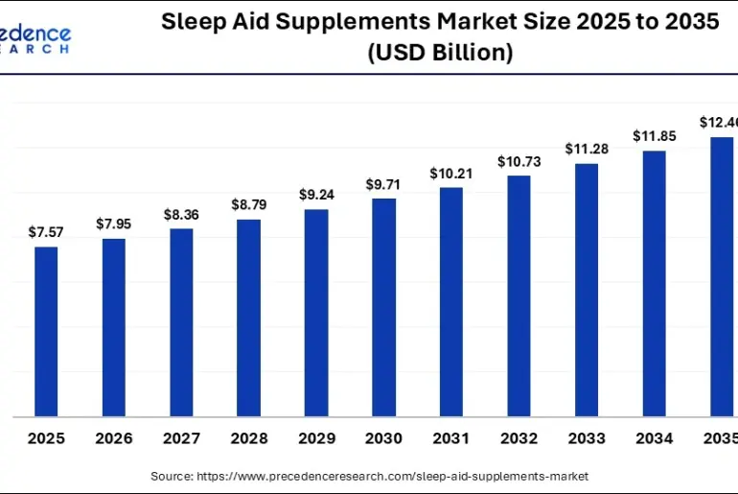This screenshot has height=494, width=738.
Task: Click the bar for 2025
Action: pos(46,332)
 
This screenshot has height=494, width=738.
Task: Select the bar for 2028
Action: pos(248,318)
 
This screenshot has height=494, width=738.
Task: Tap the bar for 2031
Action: pos(451,302)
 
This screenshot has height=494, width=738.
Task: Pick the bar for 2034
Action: pos(654,284)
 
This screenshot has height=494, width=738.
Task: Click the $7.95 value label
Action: pos(113,223)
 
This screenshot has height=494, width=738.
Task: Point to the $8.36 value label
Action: pos(181,214)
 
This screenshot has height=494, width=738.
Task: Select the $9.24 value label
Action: pos(316,194)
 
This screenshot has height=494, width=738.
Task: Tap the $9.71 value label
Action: pos(383,183)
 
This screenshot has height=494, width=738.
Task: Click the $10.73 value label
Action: pos(519,161)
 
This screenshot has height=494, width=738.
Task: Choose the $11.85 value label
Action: pos(654,136)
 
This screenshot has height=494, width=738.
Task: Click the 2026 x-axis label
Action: pos(113,438)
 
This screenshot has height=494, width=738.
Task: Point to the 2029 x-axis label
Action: pos(316,438)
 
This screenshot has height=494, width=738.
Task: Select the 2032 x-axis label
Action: pos(519,438)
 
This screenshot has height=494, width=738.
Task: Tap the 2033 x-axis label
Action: pos(587,438)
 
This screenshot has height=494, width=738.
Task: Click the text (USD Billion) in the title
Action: pos(440,54)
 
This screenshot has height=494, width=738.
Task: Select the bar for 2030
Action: pos(383,308)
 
